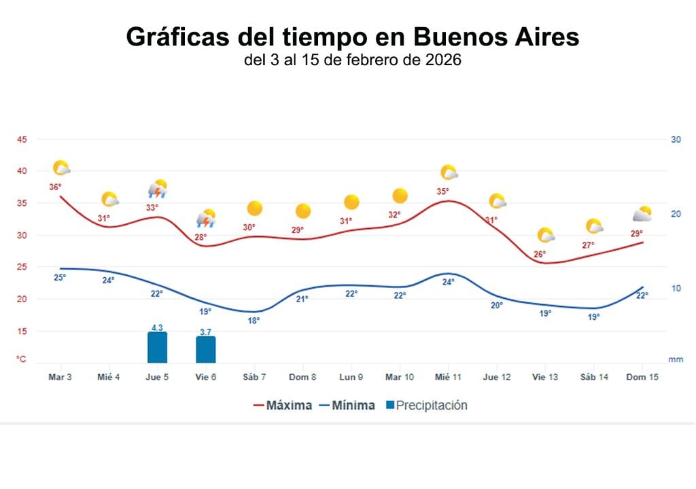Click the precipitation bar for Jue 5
point(157,347)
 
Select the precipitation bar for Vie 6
point(205,349)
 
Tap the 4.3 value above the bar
point(157,327)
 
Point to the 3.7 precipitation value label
point(205,331)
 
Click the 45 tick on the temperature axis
point(22,140)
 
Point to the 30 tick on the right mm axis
point(676,140)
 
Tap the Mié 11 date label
point(448,377)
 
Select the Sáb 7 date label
point(254,377)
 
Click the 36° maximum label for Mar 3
point(55,187)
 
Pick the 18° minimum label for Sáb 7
point(254,321)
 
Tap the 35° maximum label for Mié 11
point(442,192)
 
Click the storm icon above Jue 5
point(158,189)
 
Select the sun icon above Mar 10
point(400,196)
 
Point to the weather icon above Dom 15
point(642,215)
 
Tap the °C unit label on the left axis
point(22,359)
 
